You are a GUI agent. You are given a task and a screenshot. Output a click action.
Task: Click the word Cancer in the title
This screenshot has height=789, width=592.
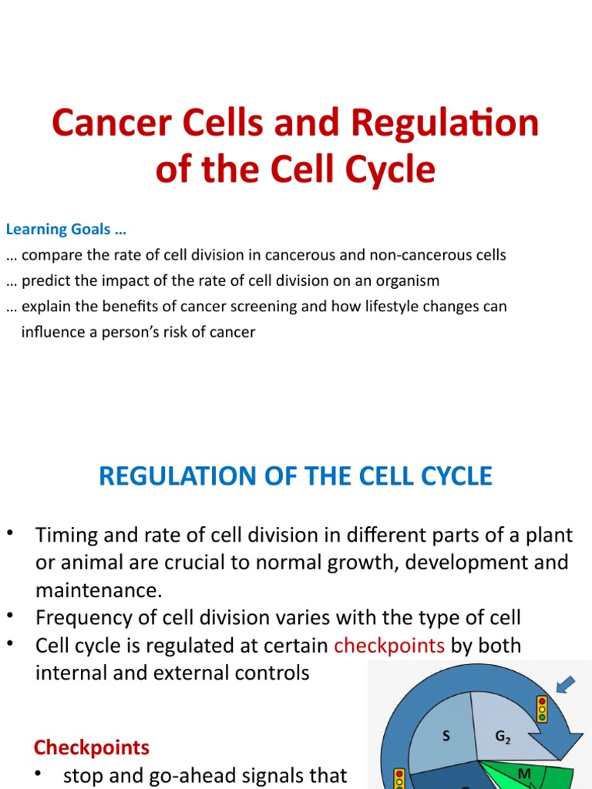click(104, 124)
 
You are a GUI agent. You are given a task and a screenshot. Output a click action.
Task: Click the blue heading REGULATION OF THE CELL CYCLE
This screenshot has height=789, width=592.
click(295, 476)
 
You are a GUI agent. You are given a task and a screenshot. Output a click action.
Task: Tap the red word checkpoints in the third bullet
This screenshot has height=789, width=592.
click(389, 645)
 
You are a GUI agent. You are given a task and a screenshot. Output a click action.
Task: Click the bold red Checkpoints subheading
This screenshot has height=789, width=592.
click(92, 747)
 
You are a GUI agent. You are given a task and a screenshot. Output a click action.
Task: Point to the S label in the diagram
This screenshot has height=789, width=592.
click(446, 737)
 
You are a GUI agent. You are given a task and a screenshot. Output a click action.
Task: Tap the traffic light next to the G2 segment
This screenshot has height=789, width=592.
click(542, 708)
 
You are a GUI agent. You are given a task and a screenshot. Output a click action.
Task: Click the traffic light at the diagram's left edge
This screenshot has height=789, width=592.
click(400, 778)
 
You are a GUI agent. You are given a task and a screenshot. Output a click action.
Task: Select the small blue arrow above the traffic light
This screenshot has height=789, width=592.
click(567, 683)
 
